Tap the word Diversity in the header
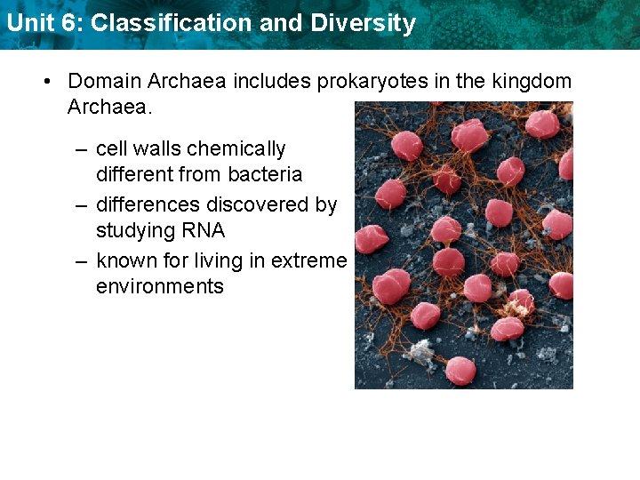pos(363,23)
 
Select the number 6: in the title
pos(68,23)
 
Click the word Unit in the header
pos(27,23)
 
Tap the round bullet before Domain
pos(49,81)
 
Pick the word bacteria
pos(266,174)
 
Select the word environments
pos(160,286)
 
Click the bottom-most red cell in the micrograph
pos(460,370)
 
